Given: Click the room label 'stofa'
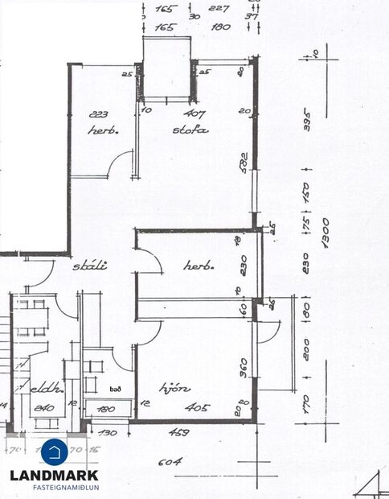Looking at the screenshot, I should click(x=190, y=129).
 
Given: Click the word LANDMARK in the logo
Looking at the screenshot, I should click(x=54, y=475).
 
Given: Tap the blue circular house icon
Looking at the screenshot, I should click(x=54, y=451).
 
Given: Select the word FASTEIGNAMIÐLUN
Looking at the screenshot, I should click(x=54, y=487).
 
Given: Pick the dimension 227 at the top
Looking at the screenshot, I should click(x=217, y=10).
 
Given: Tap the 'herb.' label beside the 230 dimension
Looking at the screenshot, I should click(x=197, y=265).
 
